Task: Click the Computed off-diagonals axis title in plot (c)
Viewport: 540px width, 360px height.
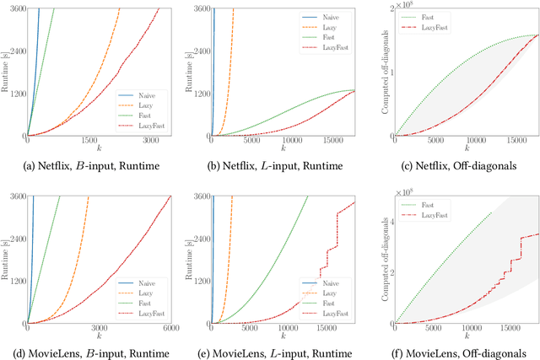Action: pos(374,72)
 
